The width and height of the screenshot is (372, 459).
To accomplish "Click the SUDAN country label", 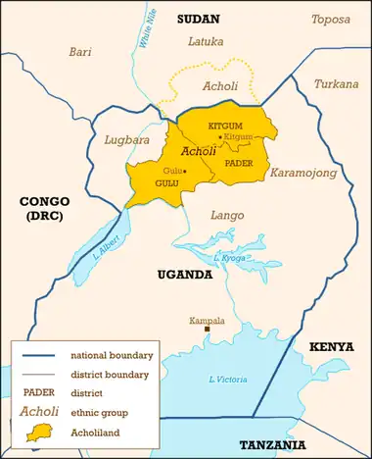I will [x=199, y=19].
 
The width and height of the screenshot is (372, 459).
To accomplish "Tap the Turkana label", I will [x=335, y=84].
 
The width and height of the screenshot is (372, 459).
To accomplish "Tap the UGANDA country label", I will [x=185, y=276].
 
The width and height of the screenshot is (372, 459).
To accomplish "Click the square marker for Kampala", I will [x=207, y=330].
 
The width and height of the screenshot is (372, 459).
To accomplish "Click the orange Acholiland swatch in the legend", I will [x=36, y=431].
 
